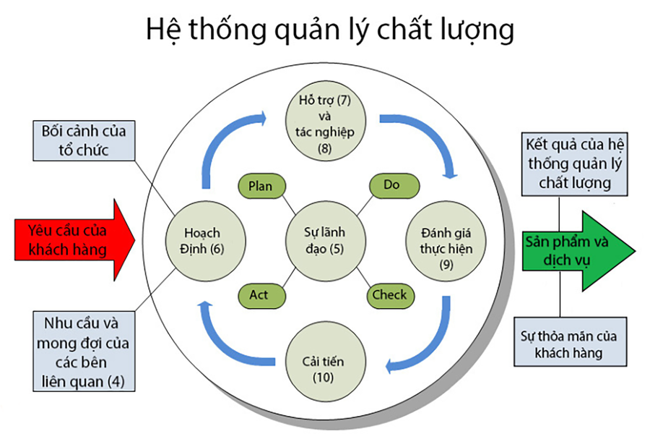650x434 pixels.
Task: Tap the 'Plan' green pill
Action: click(260, 186)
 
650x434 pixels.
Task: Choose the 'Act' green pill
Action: click(259, 295)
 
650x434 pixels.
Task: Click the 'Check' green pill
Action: click(389, 295)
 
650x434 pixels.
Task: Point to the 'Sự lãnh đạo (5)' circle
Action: click(324, 240)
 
